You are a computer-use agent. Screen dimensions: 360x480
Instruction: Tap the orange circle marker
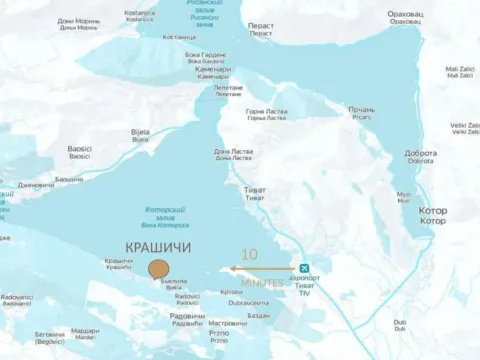coord(158,268)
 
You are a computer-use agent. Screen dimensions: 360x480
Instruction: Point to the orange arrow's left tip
coord(230,268)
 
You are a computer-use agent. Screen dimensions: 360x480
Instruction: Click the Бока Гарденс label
coord(206,56)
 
